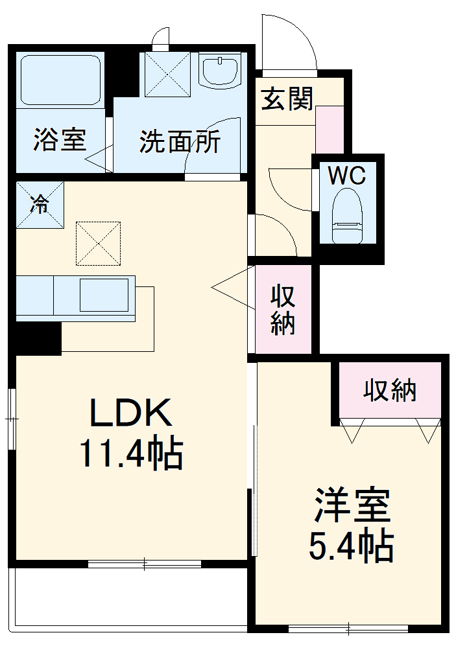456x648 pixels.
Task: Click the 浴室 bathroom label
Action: coord(60,141)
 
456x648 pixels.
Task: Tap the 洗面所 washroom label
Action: coord(180,141)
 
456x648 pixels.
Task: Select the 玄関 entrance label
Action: coord(287,100)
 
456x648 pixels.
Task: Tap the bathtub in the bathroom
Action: coord(60,79)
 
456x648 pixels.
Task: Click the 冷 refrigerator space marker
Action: coord(40,205)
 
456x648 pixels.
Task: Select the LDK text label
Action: coord(131,413)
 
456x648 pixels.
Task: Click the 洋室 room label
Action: coord(352,506)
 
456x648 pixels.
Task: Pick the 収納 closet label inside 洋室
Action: coord(389,390)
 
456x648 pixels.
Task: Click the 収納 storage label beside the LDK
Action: coord(283,310)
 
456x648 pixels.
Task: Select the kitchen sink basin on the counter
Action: coord(104,295)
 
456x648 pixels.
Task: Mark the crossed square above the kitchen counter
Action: coord(99,243)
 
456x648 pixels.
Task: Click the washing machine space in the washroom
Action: coord(166,75)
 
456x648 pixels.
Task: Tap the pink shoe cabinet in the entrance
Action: coord(329,130)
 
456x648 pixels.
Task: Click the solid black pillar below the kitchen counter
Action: coord(37,338)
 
